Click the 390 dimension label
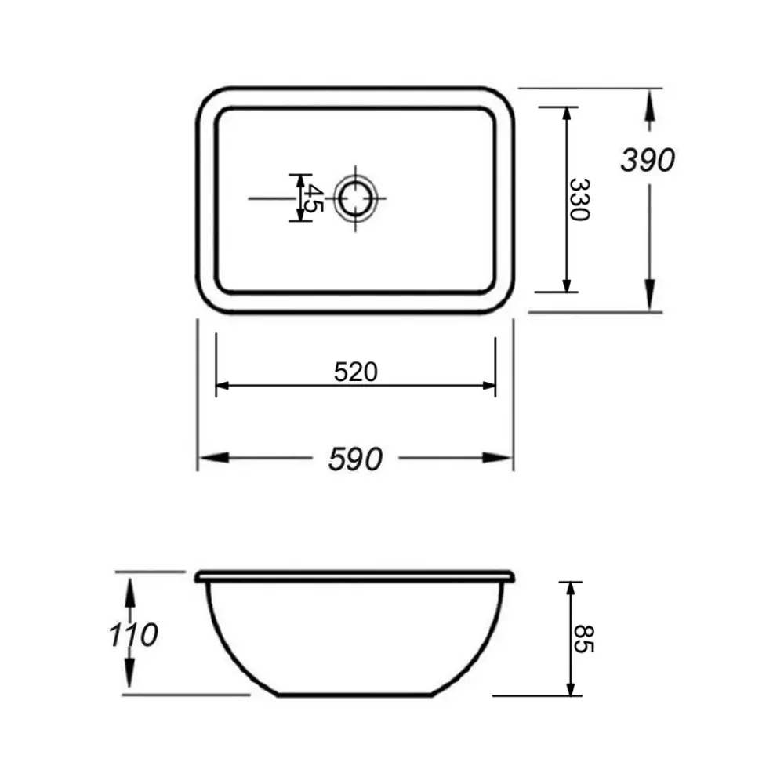tap(648, 160)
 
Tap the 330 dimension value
tap(579, 199)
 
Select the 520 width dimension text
tap(355, 372)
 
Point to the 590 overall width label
tap(355, 459)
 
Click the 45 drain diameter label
tap(314, 198)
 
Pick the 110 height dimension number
tap(133, 634)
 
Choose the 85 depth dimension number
tap(583, 638)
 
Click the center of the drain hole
tap(355, 198)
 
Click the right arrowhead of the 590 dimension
tap(497, 458)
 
